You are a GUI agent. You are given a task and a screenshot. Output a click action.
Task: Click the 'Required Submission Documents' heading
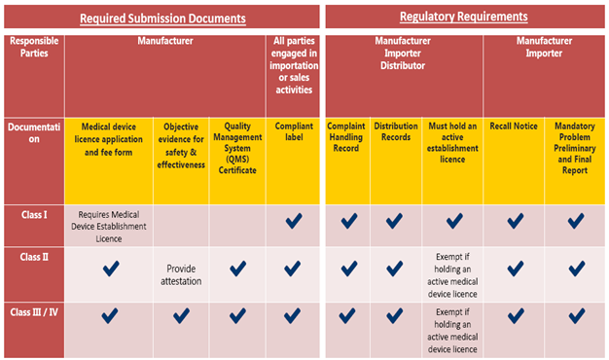pyautogui.click(x=162, y=18)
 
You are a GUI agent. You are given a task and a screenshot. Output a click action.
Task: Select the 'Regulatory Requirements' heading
pyautogui.click(x=463, y=17)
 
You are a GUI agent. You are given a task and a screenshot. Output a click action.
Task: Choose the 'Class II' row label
pyautogui.click(x=27, y=256)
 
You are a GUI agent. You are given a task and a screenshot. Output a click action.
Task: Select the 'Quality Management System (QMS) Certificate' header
pyautogui.click(x=237, y=147)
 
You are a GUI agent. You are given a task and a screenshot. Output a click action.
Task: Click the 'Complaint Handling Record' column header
pyautogui.click(x=346, y=139)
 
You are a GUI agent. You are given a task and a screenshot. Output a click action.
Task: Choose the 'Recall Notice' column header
pyautogui.click(x=514, y=126)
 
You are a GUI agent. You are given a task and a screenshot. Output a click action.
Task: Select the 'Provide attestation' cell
pyautogui.click(x=181, y=274)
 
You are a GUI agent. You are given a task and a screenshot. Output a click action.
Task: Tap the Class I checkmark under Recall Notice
pyautogui.click(x=514, y=221)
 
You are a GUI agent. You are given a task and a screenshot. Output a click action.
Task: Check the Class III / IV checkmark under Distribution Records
pyautogui.click(x=394, y=315)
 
